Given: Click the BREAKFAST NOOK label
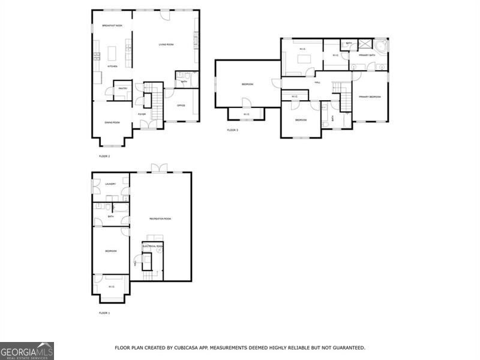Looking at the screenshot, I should (x=112, y=26).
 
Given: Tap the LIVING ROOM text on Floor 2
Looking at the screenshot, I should (x=166, y=44).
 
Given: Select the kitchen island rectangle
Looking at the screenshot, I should (x=112, y=53).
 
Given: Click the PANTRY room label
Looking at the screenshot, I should (x=122, y=89).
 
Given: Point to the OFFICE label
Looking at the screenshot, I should (x=181, y=106).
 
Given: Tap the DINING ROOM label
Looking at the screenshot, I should (x=112, y=122).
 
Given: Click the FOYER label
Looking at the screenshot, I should (x=142, y=114).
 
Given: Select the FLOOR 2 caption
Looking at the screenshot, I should (x=104, y=156).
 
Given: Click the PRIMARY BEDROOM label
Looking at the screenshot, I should (x=370, y=97).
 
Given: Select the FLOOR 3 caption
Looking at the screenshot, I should (x=232, y=130).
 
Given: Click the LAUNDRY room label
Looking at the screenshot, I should (x=110, y=184).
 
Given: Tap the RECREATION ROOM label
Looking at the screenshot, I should (x=160, y=218).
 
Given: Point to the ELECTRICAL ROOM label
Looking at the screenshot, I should (x=152, y=246).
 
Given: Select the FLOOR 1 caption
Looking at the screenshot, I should (x=104, y=313).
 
